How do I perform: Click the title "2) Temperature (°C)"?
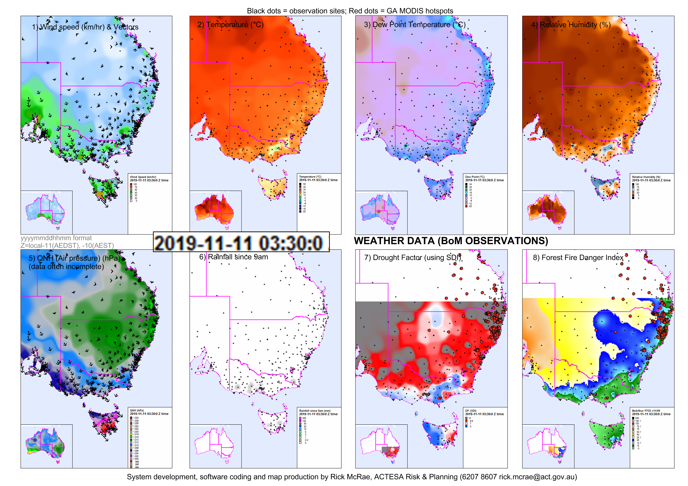point(230,25)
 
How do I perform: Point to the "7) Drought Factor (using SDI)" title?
point(412,258)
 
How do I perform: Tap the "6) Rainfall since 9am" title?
point(233,257)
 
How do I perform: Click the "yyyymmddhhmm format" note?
point(56,238)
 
